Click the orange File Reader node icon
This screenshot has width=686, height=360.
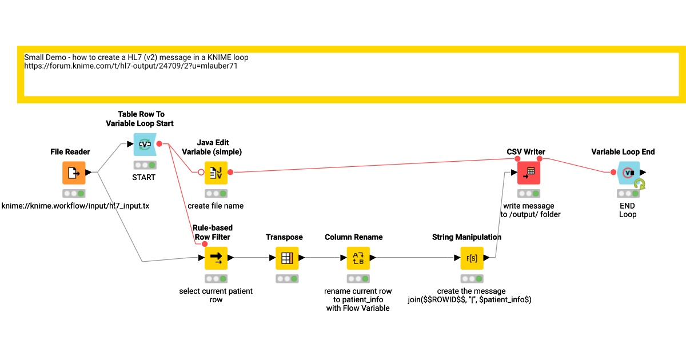tap(74, 173)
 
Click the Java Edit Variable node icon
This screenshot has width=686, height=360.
tap(216, 173)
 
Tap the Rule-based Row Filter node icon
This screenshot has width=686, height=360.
tap(216, 258)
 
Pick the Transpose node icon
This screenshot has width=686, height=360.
tap(287, 258)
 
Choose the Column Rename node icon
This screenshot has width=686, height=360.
tap(358, 258)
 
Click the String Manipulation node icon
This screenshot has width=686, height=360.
tap(472, 258)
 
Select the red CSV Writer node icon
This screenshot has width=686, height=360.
tap(529, 173)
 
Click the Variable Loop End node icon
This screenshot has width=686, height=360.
tap(628, 173)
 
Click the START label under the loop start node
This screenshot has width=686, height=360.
tap(143, 177)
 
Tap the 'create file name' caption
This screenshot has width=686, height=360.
tap(216, 206)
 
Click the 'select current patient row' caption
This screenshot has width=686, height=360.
tap(216, 295)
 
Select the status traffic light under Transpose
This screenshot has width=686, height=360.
tap(287, 279)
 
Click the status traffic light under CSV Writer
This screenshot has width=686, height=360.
tap(529, 194)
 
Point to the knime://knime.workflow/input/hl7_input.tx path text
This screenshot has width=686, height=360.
tap(75, 206)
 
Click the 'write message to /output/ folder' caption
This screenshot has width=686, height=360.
tap(528, 210)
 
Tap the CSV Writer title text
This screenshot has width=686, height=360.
tap(526, 151)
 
